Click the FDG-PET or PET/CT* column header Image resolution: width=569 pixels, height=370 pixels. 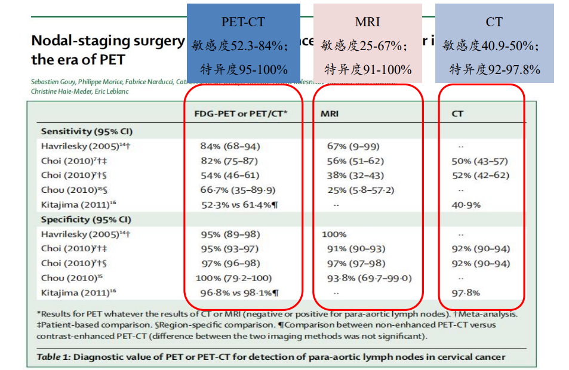(241, 113)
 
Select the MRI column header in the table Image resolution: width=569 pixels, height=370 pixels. (330, 113)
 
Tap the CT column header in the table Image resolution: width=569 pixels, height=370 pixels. (457, 113)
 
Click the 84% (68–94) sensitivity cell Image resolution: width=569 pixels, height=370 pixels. (230, 146)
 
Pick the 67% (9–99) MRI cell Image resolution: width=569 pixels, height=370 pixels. (353, 146)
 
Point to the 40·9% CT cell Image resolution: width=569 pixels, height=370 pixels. (466, 205)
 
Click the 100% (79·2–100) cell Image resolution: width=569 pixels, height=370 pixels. (233, 278)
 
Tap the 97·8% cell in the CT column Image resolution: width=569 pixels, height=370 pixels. (466, 293)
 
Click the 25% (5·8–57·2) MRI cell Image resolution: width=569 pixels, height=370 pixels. (360, 190)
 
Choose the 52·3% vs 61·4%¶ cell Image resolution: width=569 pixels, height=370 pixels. (240, 205)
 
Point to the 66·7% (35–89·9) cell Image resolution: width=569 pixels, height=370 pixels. (238, 190)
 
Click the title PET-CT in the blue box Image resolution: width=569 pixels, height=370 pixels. (243, 22)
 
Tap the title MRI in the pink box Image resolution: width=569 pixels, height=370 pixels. (367, 22)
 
